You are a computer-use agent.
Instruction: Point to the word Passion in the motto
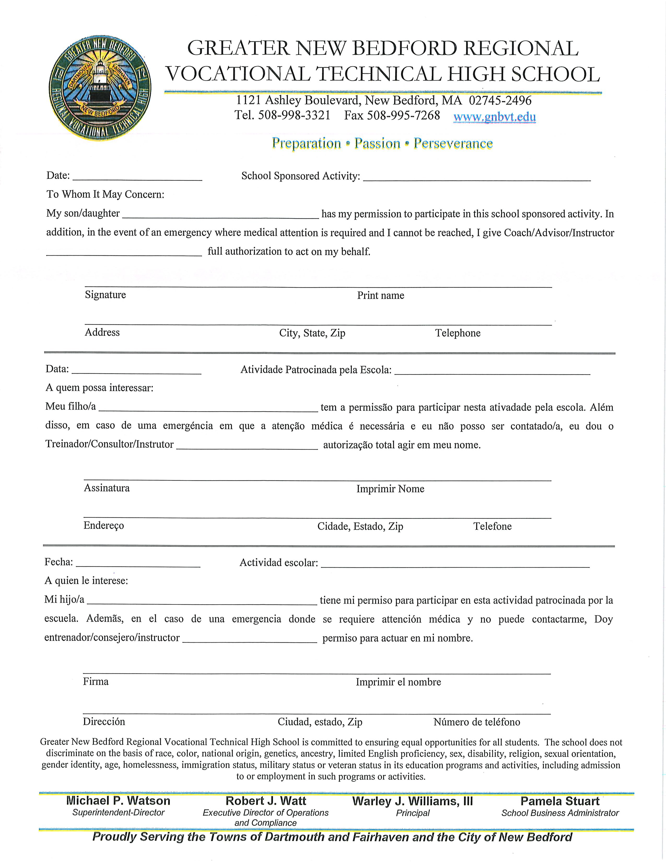pyautogui.click(x=377, y=143)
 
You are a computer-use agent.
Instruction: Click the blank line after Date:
pyautogui.click(x=137, y=176)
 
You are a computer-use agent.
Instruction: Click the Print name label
pyautogui.click(x=380, y=296)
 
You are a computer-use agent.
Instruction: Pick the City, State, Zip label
pyautogui.click(x=312, y=333)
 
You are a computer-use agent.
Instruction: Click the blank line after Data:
pyautogui.click(x=137, y=370)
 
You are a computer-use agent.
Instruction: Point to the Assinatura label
pyautogui.click(x=107, y=488)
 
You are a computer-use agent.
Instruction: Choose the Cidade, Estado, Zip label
pyautogui.click(x=360, y=527)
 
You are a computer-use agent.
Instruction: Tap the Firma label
pyautogui.click(x=96, y=682)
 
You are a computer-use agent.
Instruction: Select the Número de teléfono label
pyautogui.click(x=477, y=722)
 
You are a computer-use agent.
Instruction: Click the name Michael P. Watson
pyautogui.click(x=118, y=801)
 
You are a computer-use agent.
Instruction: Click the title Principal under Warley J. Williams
pyautogui.click(x=413, y=813)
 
